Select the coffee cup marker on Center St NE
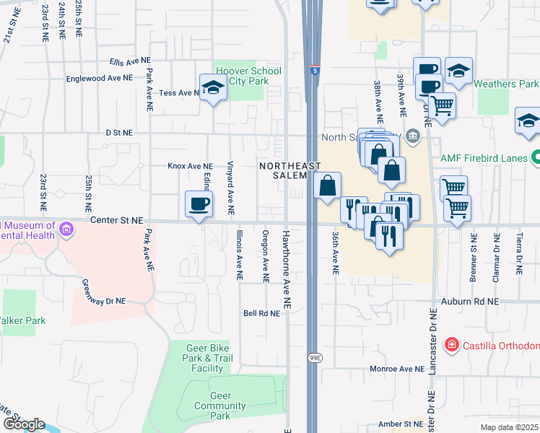coord(199,204)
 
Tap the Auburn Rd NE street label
coord(473,302)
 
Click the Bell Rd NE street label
coord(261,313)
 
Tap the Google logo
coord(24,424)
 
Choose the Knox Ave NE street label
coord(190,166)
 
